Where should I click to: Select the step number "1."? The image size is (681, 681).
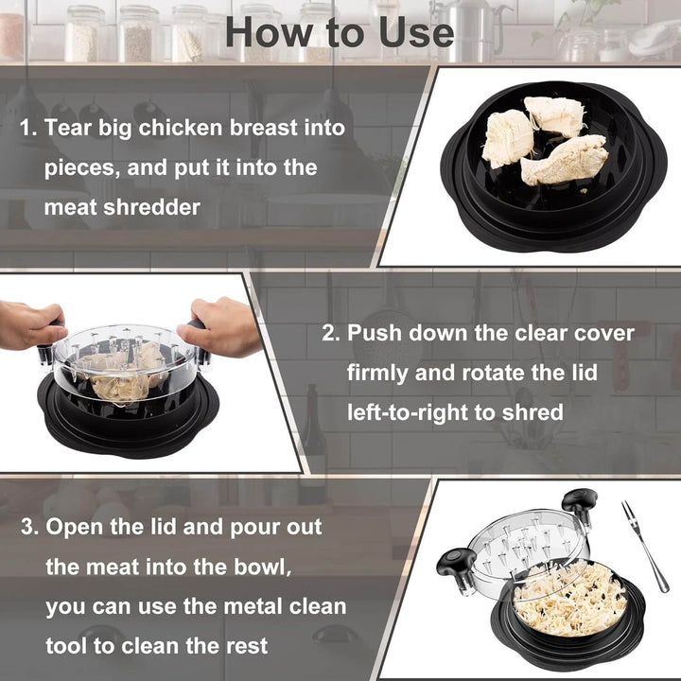(x=29, y=128)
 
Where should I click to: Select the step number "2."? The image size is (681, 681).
(x=331, y=333)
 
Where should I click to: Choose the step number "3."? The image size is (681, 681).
(x=29, y=527)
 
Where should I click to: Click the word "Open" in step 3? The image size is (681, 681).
(x=75, y=527)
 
